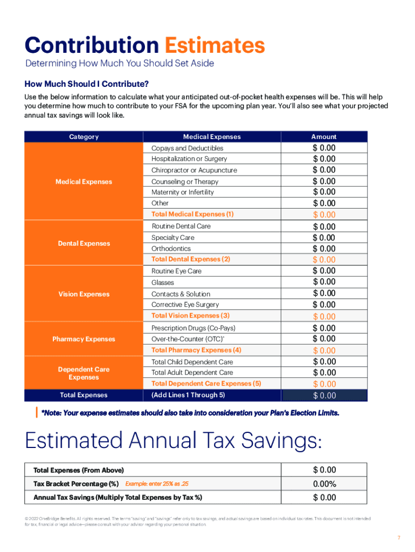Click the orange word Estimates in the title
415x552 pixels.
pyautogui.click(x=215, y=45)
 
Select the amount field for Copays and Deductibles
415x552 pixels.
pyautogui.click(x=323, y=148)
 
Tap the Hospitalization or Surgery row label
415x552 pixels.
pyautogui.click(x=189, y=159)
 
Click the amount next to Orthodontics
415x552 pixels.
pyautogui.click(x=323, y=249)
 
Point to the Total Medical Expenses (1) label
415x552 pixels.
pyautogui.click(x=192, y=214)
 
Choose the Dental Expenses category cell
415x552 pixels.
pyautogui.click(x=84, y=243)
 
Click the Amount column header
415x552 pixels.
pyautogui.click(x=323, y=137)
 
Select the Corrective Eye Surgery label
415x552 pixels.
pyautogui.click(x=185, y=305)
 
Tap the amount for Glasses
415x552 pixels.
pyautogui.click(x=323, y=282)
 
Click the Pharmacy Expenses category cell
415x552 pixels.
pyautogui.click(x=84, y=339)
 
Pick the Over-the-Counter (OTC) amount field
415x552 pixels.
pyautogui.click(x=323, y=339)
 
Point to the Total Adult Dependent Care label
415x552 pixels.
pyautogui.click(x=192, y=372)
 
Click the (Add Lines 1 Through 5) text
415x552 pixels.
pyautogui.click(x=188, y=395)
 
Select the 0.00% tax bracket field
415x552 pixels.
pyautogui.click(x=323, y=484)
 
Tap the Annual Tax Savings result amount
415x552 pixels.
pyautogui.click(x=323, y=497)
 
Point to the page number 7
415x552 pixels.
pyautogui.click(x=399, y=538)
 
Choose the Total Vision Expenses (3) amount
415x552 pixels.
pyautogui.click(x=323, y=316)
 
